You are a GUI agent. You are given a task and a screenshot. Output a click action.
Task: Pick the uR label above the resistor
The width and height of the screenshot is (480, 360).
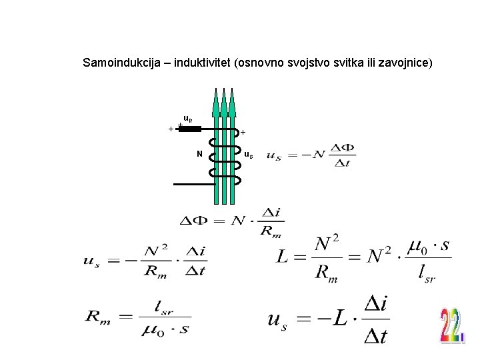[x=188, y=119]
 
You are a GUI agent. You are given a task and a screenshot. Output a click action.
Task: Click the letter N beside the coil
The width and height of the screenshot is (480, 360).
[x=199, y=155]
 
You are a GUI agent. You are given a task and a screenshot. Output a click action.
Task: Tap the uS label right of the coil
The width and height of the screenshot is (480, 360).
[x=247, y=155]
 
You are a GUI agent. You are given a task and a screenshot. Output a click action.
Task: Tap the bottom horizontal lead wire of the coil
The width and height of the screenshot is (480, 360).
[x=193, y=183]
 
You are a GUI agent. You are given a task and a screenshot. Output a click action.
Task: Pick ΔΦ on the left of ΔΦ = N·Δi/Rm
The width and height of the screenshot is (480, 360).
[x=194, y=220]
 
